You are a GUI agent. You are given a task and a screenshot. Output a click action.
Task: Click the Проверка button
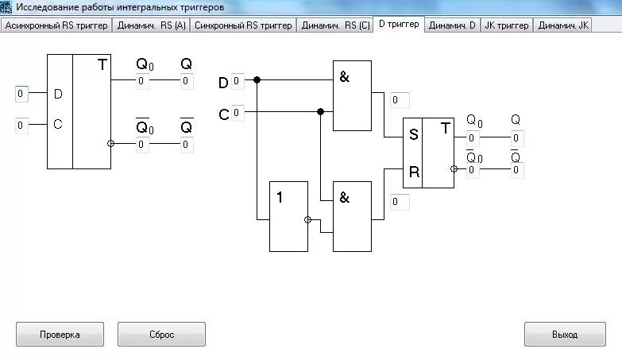tap(60, 335)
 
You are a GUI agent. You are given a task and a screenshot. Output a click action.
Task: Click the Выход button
tap(565, 335)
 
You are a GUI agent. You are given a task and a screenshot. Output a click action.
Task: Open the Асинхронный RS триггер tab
tap(56, 25)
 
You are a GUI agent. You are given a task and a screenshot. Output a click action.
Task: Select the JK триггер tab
tap(506, 25)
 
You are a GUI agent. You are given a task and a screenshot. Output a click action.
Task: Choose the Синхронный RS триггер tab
tap(243, 25)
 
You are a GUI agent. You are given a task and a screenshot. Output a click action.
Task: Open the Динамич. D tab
tap(452, 25)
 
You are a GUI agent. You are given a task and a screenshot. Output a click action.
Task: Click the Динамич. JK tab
tap(563, 25)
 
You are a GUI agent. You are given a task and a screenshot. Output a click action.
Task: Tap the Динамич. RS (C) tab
tap(337, 25)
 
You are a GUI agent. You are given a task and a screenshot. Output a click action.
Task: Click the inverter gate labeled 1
tap(288, 216)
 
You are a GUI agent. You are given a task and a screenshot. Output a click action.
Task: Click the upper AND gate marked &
tap(352, 96)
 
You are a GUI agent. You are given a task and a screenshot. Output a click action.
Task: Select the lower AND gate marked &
tap(352, 216)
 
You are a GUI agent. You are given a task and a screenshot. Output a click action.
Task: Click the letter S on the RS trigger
tap(413, 134)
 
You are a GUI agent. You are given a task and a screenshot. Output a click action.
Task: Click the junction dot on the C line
tap(320, 112)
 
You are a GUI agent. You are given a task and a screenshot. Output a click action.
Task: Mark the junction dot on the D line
tap(257, 80)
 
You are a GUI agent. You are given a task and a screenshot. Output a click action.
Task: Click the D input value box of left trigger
tap(21, 95)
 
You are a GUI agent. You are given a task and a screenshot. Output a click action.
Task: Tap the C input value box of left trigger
tap(21, 125)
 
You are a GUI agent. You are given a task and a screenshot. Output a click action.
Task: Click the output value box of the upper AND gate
tap(400, 100)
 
